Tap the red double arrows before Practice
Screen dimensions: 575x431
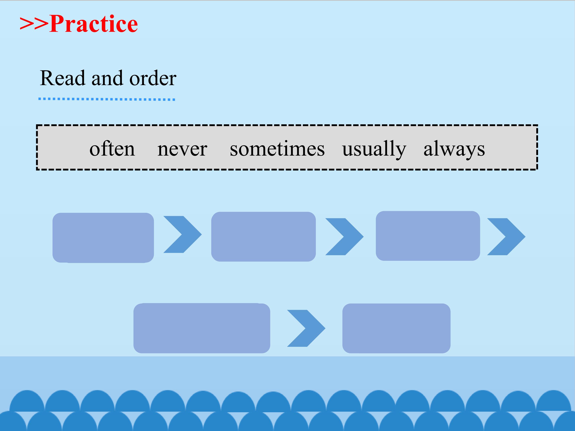click(x=34, y=24)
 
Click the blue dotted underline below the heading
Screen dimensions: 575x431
click(x=107, y=99)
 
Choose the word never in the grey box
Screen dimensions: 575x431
click(x=182, y=150)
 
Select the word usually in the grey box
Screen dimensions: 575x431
click(x=374, y=149)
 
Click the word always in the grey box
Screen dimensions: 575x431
click(x=454, y=149)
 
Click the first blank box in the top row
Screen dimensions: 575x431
click(x=103, y=238)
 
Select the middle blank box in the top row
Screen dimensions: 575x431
click(x=264, y=237)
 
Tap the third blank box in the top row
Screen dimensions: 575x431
click(x=428, y=236)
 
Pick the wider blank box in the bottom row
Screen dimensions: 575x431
click(x=202, y=328)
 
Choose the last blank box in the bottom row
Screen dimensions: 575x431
click(x=397, y=328)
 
